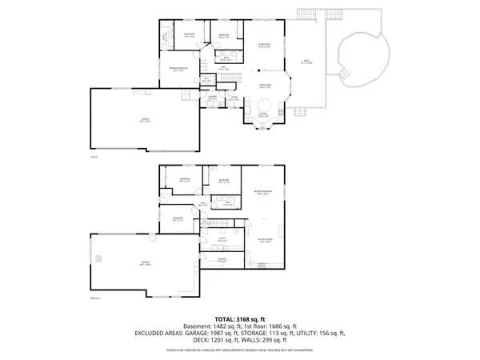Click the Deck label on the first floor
(306, 61)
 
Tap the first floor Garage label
(145, 119)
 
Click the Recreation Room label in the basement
(262, 192)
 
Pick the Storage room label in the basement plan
(221, 260)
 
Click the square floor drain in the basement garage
(99, 258)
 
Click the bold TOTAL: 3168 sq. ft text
(239, 319)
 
